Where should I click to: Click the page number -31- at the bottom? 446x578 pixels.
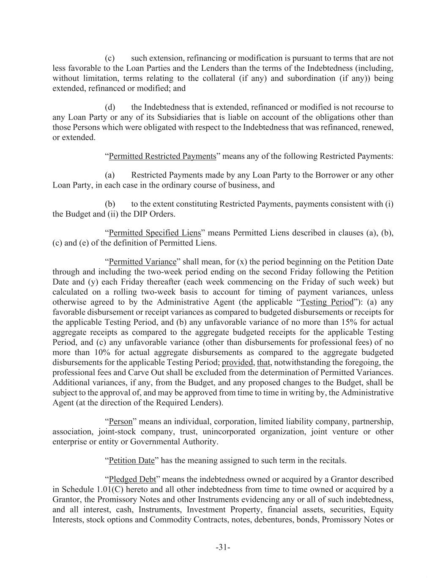(223, 547)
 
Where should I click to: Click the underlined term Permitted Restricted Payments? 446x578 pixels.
(162, 156)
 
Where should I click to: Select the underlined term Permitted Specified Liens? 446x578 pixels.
(155, 233)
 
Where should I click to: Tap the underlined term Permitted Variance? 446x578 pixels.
(142, 262)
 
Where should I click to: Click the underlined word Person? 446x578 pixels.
(120, 422)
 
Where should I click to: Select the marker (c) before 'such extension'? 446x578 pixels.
(110, 58)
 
